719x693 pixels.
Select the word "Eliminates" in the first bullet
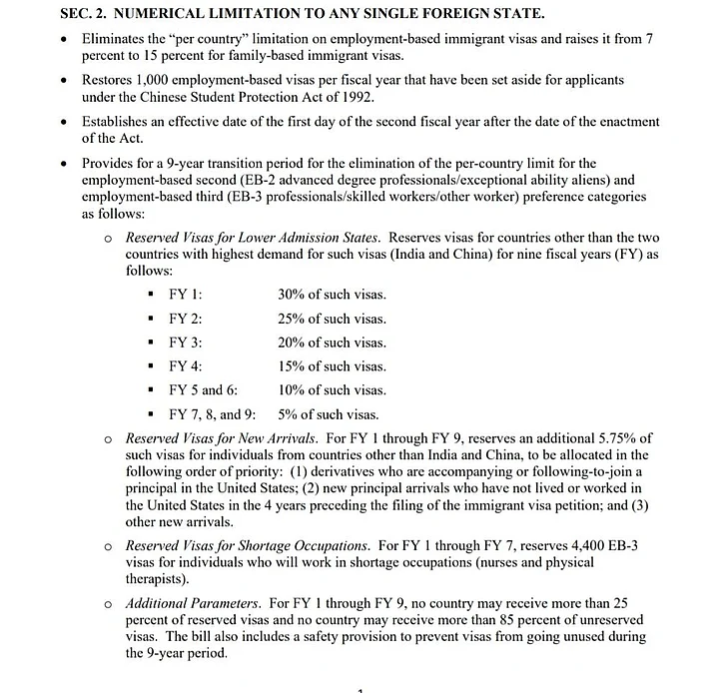[116, 37]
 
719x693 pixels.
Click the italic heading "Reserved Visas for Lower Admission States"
[253, 238]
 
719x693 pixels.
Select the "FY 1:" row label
[186, 295]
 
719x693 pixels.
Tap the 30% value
[293, 295]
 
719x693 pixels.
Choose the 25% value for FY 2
[293, 319]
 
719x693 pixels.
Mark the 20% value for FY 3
[293, 343]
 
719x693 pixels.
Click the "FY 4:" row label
[186, 366]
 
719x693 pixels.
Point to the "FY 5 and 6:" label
[203, 390]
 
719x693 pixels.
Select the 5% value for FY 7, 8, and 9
[289, 414]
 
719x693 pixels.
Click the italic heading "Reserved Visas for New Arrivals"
[222, 438]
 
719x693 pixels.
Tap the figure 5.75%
[615, 438]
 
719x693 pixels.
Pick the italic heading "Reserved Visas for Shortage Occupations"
[247, 546]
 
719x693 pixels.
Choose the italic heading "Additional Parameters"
[193, 604]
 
